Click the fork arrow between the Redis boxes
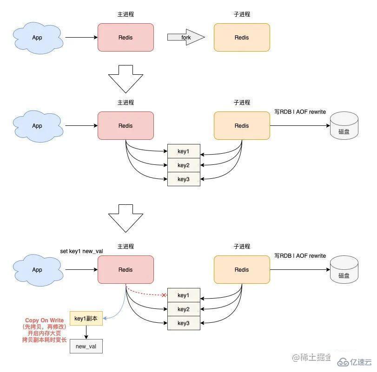tap(186, 38)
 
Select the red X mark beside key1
tap(164, 295)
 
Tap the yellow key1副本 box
tap(86, 318)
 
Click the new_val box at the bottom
tap(86, 346)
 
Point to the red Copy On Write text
tap(45, 320)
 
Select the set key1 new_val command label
tap(81, 251)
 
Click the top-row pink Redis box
tap(126, 38)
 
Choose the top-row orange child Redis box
tap(242, 38)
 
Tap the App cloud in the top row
tap(37, 38)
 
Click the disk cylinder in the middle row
tap(344, 126)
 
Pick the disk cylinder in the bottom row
tap(344, 270)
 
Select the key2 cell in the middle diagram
tap(184, 165)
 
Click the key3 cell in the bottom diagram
tap(184, 323)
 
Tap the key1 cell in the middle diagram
tap(184, 151)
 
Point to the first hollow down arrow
tap(126, 79)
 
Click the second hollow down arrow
tap(126, 218)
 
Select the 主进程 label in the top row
tap(126, 14)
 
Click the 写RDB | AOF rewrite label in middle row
tap(300, 112)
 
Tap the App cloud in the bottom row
tap(37, 270)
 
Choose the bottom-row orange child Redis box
tap(242, 270)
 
